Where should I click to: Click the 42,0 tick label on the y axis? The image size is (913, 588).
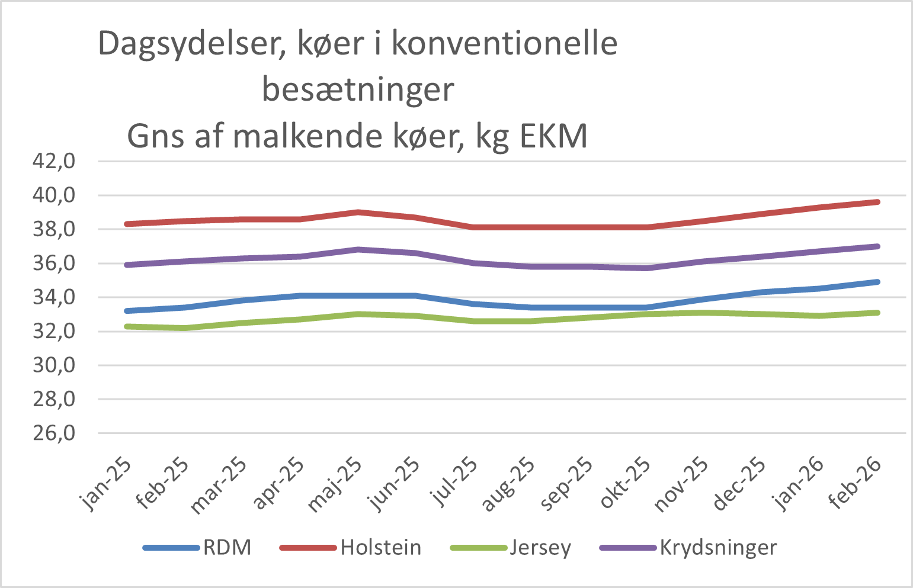point(54,161)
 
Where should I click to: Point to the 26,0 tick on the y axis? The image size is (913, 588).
point(54,433)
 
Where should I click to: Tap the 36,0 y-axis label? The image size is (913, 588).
point(54,264)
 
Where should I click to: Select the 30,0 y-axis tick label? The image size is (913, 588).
point(54,365)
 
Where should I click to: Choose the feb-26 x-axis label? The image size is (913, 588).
point(854,483)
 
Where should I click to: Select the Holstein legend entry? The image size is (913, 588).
point(380,548)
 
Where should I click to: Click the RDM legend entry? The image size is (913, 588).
point(227,548)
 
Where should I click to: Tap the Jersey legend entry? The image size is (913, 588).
point(540,548)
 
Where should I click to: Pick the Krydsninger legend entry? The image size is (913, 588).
point(718,548)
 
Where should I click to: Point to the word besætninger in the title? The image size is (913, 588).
point(358,90)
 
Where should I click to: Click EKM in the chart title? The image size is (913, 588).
point(553,136)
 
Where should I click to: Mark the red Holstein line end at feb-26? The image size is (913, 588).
point(877,202)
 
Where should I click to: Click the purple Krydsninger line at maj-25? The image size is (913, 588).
point(358,249)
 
